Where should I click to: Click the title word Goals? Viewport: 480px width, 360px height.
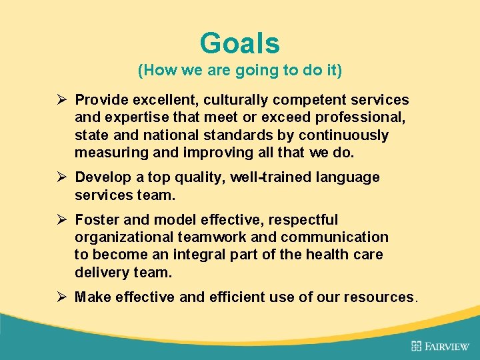click(239, 44)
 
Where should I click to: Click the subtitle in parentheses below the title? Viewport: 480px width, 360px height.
click(239, 69)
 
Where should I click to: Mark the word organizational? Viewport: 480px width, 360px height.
click(124, 237)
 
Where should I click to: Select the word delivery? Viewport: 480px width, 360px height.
click(101, 272)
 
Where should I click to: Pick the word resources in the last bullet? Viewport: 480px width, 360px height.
click(379, 297)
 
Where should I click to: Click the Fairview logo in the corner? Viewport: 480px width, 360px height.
click(440, 345)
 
